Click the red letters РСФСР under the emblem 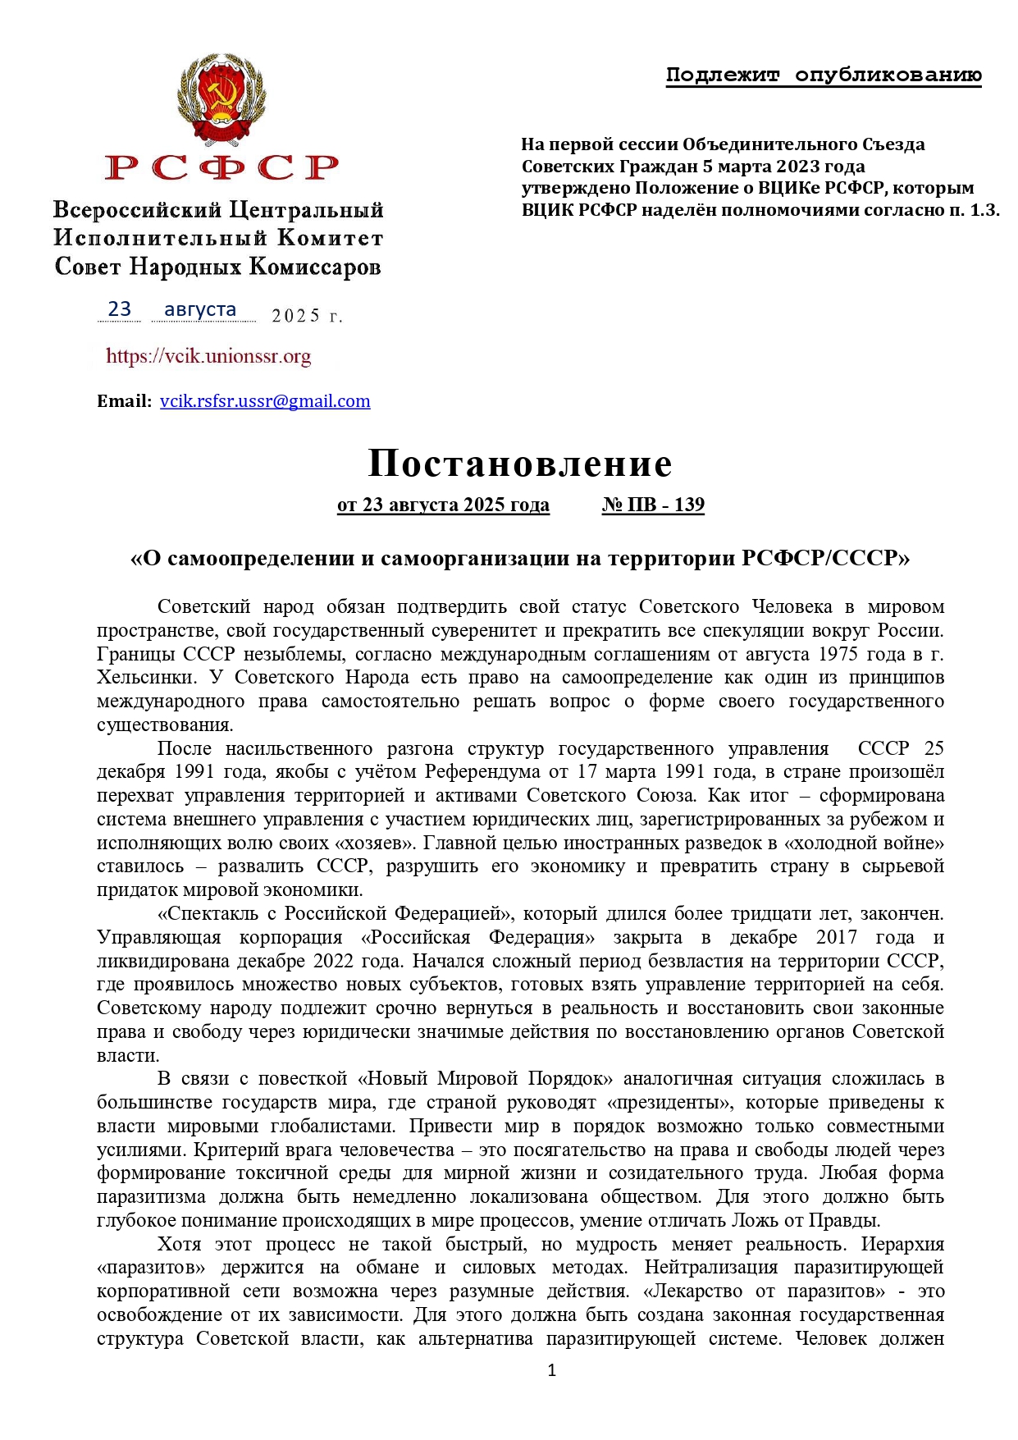[221, 167]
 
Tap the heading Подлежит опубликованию [823, 75]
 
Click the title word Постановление [520, 464]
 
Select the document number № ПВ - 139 [653, 505]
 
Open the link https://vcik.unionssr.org [208, 356]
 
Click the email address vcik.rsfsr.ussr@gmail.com [265, 401]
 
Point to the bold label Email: [124, 401]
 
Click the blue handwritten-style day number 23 [120, 309]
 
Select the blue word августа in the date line [200, 309]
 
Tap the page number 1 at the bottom [551, 1370]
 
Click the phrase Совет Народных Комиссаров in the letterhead [217, 267]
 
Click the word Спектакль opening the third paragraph [211, 913]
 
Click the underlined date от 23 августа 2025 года [443, 505]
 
